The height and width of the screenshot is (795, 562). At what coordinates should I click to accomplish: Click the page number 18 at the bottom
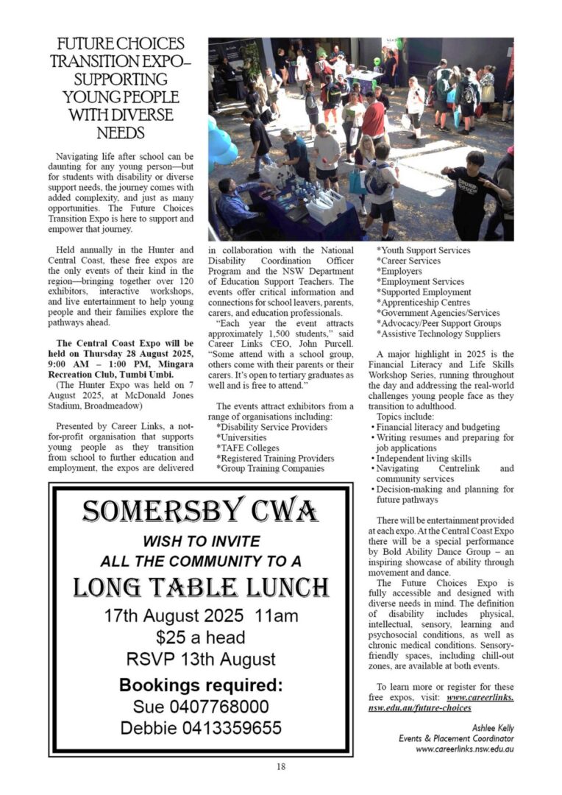pyautogui.click(x=281, y=766)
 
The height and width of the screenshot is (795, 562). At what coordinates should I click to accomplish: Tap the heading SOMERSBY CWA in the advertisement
pyautogui.click(x=200, y=510)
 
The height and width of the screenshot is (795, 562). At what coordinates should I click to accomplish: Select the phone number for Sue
pyautogui.click(x=200, y=707)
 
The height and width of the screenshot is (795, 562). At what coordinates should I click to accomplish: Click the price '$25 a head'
pyautogui.click(x=200, y=637)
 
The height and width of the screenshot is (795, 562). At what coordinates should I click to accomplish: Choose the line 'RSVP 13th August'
pyautogui.click(x=200, y=659)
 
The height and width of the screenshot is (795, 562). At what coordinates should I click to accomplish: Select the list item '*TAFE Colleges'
pyautogui.click(x=249, y=448)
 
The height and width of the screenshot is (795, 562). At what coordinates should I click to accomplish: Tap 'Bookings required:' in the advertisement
pyautogui.click(x=200, y=685)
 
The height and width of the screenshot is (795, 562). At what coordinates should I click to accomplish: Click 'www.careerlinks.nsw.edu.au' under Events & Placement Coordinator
pyautogui.click(x=464, y=749)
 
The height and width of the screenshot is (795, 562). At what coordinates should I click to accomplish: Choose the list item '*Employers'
pyautogui.click(x=399, y=272)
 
